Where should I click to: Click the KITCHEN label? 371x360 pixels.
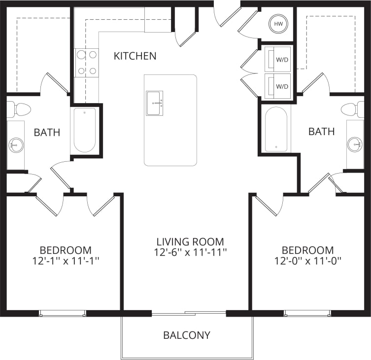[135, 56]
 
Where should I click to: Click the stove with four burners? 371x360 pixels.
[87, 63]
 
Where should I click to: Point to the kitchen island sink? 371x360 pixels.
[154, 103]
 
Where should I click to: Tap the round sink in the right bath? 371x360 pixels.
[355, 144]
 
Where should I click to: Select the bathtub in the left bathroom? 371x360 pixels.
[85, 130]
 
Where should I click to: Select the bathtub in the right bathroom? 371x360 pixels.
[276, 129]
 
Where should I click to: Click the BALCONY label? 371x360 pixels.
[187, 335]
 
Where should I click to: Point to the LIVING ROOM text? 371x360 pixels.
[190, 242]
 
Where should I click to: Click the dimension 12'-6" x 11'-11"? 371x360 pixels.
[190, 252]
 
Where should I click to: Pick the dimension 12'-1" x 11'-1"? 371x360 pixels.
[66, 260]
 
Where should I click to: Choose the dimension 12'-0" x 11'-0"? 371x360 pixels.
[308, 260]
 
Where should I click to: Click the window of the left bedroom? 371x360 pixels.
[63, 313]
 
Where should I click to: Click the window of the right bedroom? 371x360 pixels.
[307, 313]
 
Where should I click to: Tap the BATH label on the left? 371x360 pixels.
[47, 132]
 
